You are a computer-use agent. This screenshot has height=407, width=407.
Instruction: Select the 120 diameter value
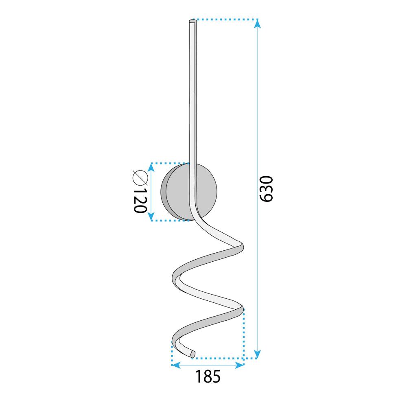[140, 201]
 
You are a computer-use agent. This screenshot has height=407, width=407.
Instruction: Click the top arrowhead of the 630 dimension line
[257, 24]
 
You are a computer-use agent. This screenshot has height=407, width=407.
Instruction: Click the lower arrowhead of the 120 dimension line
[152, 216]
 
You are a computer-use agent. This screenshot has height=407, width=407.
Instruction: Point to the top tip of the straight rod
[192, 20]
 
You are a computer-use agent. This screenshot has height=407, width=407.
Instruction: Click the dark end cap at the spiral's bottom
[193, 353]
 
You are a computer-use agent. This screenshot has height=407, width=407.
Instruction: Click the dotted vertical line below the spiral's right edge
[243, 334]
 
